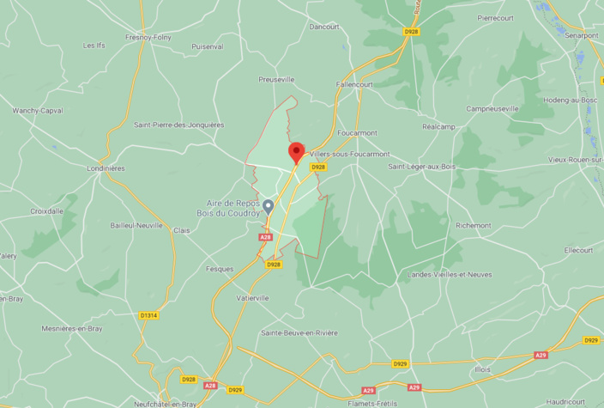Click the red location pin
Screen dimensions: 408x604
(296, 152)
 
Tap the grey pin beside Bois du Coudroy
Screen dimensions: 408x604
(268, 206)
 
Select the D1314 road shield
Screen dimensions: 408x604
(148, 315)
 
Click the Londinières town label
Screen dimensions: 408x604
(106, 168)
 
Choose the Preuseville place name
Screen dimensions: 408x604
(276, 79)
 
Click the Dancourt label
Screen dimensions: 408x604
(323, 27)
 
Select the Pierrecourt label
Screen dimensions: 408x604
(495, 17)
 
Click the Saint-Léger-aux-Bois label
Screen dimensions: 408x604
(421, 167)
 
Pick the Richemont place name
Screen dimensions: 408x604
(474, 226)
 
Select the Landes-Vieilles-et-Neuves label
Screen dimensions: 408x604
(450, 274)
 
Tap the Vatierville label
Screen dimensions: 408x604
(252, 298)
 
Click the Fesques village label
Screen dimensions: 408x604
(220, 269)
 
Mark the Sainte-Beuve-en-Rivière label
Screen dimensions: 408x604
(299, 332)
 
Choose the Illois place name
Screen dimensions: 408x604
(483, 369)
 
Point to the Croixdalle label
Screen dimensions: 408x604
(47, 210)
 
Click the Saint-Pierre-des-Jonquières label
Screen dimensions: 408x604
(178, 125)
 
